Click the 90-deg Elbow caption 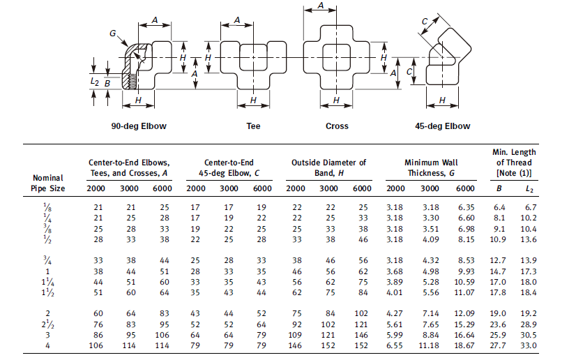[139, 126]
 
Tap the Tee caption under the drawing [253, 126]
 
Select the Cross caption [337, 126]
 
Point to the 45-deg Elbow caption [443, 126]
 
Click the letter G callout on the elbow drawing [113, 33]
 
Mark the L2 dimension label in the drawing [94, 82]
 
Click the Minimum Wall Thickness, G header [431, 167]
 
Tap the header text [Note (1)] [514, 172]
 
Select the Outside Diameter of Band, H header [328, 167]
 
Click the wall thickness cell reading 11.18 [429, 345]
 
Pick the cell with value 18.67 [464, 345]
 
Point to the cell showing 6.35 [466, 207]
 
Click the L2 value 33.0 [529, 345]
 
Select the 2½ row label [47, 324]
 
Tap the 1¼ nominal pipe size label [47, 282]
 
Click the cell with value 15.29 [464, 324]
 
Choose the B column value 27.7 [498, 345]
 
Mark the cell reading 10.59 [464, 282]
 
